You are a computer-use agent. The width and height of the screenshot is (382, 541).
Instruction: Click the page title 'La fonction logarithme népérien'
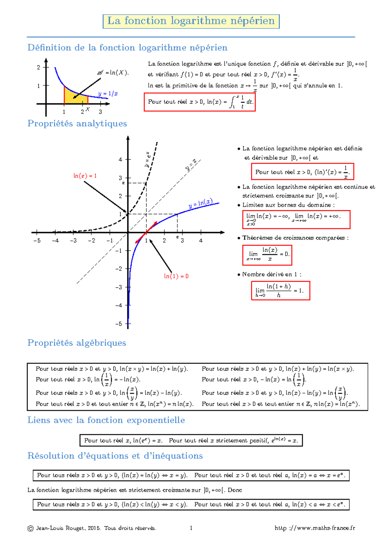[x=191, y=21]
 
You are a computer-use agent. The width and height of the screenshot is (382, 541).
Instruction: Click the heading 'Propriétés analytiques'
[x=77, y=123]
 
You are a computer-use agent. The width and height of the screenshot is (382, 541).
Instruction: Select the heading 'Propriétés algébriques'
[x=77, y=343]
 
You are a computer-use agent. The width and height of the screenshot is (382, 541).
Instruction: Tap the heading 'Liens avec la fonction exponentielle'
[x=106, y=420]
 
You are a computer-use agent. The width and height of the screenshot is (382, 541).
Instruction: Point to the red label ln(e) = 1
[x=85, y=176]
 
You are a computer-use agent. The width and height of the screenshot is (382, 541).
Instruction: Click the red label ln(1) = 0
[x=176, y=276]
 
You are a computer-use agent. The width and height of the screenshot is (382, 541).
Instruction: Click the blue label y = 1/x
[x=108, y=94]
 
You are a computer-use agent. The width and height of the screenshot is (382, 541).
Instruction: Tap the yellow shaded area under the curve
[x=75, y=97]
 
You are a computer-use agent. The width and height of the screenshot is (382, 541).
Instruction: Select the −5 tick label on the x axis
[x=37, y=241]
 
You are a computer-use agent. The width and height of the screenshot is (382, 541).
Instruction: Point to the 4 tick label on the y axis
[x=120, y=160]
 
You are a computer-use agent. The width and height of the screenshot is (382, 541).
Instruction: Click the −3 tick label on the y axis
[x=118, y=287]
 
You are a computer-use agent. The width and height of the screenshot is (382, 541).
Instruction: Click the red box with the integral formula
[x=200, y=102]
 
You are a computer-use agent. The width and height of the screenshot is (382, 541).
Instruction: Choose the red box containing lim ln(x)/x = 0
[x=267, y=255]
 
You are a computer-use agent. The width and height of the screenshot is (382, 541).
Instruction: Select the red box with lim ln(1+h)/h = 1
[x=280, y=291]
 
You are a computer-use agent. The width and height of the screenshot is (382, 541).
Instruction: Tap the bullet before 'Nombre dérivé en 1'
[x=239, y=275]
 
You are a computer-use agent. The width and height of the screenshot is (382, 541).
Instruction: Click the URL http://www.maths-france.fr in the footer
[x=315, y=528]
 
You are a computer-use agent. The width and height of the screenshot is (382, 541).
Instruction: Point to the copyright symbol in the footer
[x=31, y=528]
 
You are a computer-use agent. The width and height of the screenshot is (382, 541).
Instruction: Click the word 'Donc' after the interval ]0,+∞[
[x=235, y=490]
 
